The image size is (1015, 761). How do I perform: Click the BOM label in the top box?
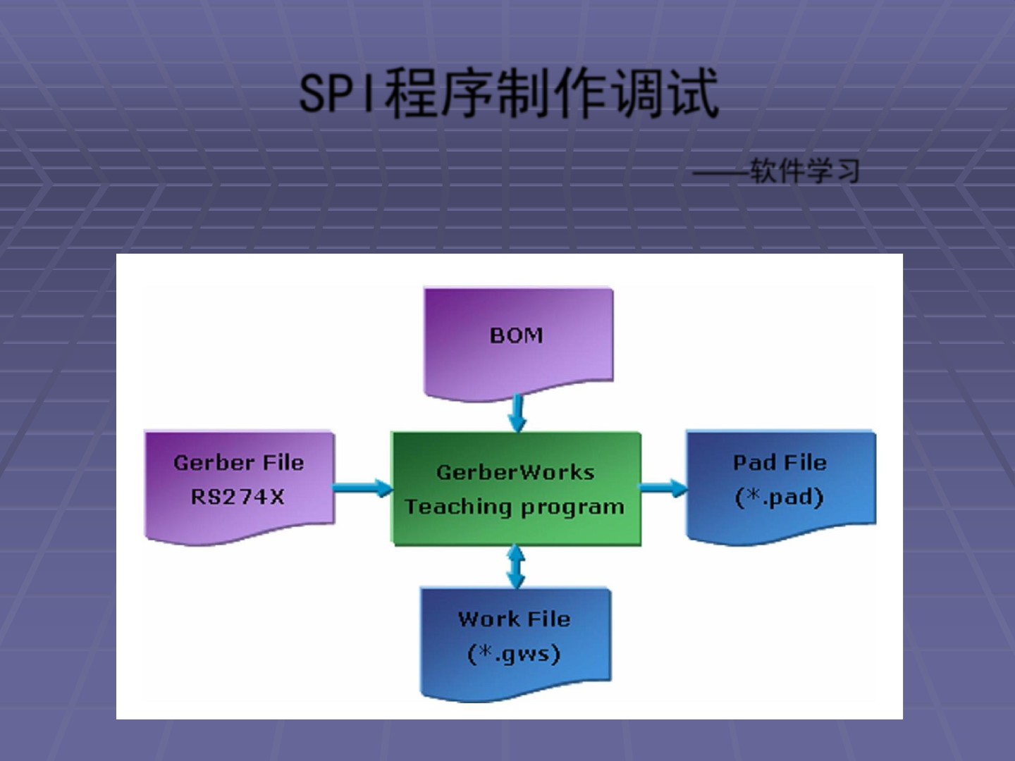point(517,335)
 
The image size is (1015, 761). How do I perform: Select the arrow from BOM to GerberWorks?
point(517,412)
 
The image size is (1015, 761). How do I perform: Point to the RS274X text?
point(238,497)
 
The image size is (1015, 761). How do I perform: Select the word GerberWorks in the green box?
point(515,472)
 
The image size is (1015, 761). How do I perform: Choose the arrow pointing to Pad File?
point(663,488)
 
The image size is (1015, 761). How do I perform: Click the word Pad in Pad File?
point(754,463)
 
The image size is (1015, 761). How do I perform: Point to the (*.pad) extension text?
point(779,497)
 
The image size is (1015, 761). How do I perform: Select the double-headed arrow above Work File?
point(517,567)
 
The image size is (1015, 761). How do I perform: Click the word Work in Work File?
point(488,619)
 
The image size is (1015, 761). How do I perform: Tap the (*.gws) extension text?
point(514,654)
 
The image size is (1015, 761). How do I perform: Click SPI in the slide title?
point(337,94)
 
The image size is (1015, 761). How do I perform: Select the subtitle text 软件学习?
point(804,171)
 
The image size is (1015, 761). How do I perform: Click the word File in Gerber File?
point(283,463)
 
